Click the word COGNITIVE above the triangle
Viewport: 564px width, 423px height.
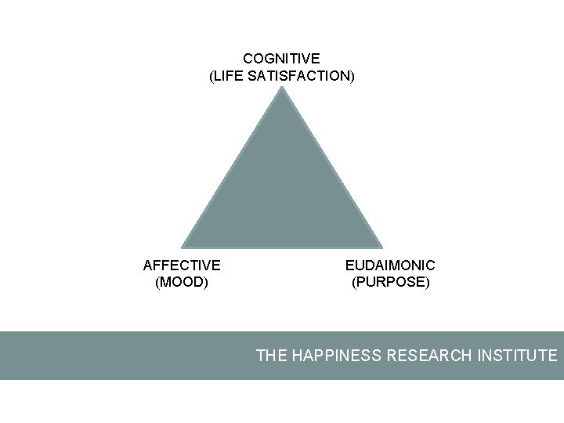(281, 59)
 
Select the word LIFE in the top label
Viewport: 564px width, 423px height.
(229, 77)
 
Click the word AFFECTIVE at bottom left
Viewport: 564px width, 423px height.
(182, 266)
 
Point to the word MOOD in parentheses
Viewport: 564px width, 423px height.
(183, 282)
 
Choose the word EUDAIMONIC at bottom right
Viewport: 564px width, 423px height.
(390, 266)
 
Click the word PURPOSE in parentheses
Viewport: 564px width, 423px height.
(391, 282)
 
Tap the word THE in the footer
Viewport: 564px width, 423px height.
(272, 356)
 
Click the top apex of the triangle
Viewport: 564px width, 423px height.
(282, 88)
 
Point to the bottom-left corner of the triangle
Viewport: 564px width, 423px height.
(183, 248)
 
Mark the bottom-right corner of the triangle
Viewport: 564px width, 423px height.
(381, 248)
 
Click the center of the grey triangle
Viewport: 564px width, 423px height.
(282, 194)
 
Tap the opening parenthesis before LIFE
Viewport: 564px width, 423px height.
(211, 77)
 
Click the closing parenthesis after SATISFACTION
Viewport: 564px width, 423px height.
(352, 77)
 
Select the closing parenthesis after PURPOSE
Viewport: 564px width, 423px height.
(428, 282)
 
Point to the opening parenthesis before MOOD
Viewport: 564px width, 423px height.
(158, 282)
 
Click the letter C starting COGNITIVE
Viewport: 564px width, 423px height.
(248, 59)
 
